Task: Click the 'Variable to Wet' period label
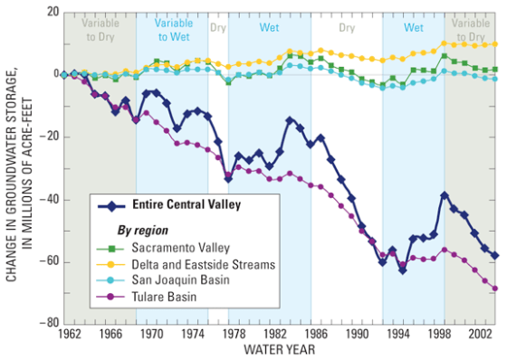(172, 29)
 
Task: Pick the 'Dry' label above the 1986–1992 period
(347, 28)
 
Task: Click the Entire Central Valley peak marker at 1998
(445, 195)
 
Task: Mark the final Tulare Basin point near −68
(494, 289)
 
